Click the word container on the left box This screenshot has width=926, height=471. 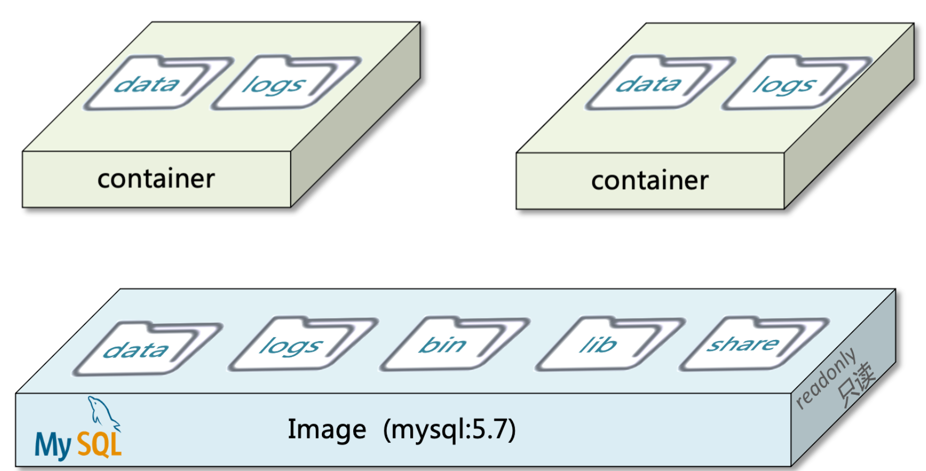point(156,180)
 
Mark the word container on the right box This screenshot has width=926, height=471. point(650,181)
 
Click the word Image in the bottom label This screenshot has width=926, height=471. point(327,430)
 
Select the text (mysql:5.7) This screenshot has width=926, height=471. point(449,430)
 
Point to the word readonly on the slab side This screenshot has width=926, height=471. point(826,379)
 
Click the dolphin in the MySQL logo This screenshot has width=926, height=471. point(102,413)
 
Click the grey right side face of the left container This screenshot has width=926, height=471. point(355,141)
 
